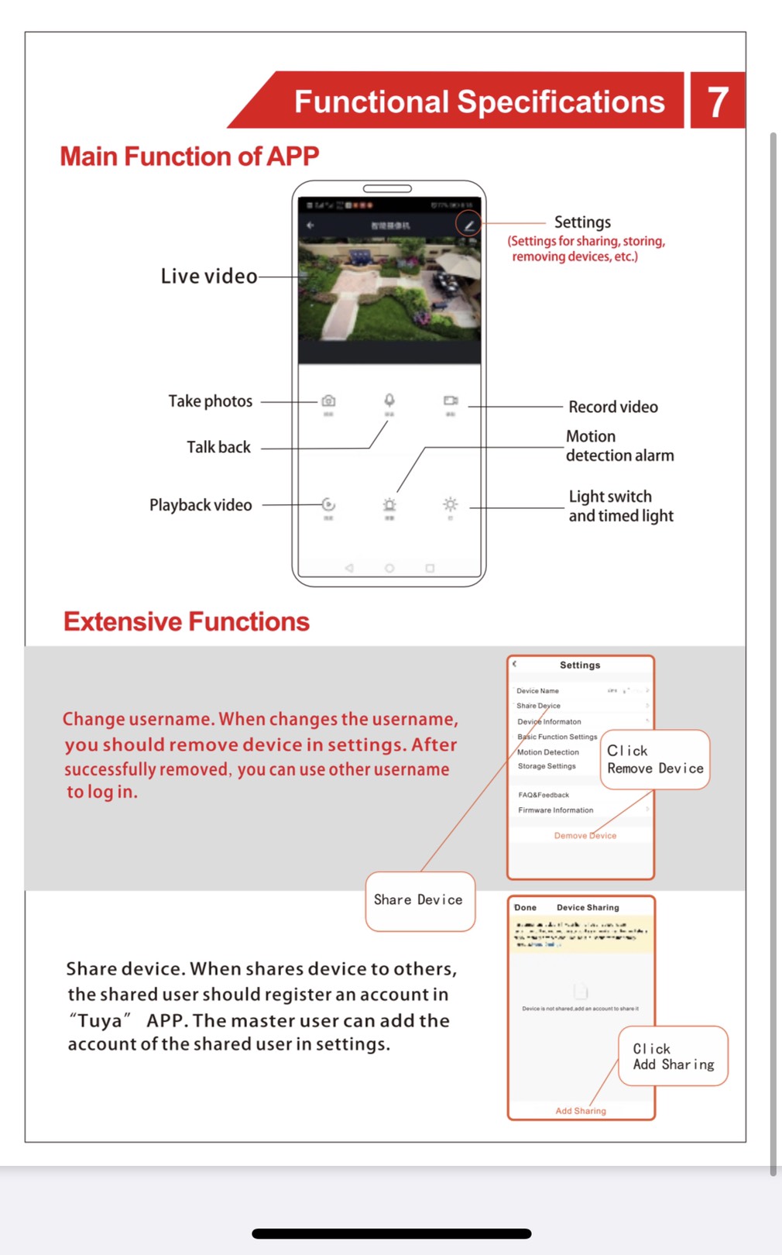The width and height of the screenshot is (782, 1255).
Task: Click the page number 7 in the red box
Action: [x=718, y=101]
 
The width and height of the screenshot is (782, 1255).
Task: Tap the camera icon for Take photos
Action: [x=328, y=401]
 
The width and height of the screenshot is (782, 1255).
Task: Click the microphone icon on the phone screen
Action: [x=389, y=400]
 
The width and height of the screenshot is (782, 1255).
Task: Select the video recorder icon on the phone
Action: [x=451, y=401]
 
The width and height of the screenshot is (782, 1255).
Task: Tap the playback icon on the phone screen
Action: [x=328, y=504]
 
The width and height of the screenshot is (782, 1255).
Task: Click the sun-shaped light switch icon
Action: [x=451, y=504]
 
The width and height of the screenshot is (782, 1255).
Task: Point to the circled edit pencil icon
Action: [x=468, y=225]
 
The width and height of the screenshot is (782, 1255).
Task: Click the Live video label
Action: [x=208, y=277]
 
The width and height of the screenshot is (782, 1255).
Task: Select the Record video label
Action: [x=612, y=407]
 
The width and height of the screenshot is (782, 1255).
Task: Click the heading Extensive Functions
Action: [x=187, y=621]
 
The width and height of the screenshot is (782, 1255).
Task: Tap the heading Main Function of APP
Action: [x=190, y=156]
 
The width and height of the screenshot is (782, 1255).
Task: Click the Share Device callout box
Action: [x=419, y=900]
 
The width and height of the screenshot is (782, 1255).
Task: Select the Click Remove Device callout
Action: [x=655, y=760]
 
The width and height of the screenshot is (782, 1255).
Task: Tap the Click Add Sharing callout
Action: [x=673, y=1057]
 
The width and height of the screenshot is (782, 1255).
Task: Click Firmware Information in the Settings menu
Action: [x=556, y=810]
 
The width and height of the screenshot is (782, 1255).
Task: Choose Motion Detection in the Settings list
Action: [x=548, y=752]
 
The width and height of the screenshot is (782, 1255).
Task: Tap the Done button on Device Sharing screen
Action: [x=525, y=907]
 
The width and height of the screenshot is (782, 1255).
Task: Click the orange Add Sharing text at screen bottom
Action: [x=581, y=1111]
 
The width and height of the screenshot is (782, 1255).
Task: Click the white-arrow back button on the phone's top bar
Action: [x=310, y=225]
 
